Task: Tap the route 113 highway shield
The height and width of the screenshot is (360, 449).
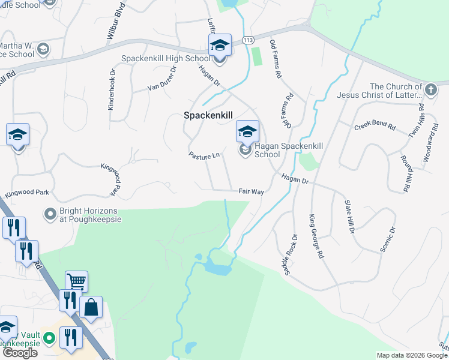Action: tap(248, 40)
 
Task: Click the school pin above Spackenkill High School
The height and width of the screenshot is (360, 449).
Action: tap(220, 46)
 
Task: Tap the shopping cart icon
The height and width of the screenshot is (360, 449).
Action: tap(76, 281)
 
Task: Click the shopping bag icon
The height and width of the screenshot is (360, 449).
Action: tap(91, 308)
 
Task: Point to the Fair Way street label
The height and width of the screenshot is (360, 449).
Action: tap(251, 191)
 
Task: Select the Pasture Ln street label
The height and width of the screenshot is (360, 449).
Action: tap(204, 156)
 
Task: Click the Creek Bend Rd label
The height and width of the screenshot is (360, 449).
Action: tap(375, 127)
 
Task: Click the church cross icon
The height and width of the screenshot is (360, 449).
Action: tap(430, 90)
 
